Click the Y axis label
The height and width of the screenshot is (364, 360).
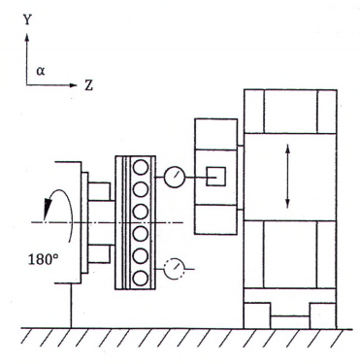(27, 20)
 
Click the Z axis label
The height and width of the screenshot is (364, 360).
(89, 85)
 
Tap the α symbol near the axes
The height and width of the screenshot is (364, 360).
(41, 71)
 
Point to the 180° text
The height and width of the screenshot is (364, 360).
(43, 259)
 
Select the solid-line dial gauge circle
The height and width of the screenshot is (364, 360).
(175, 177)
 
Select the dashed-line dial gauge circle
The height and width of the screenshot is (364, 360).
(174, 269)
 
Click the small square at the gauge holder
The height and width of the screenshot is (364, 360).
(215, 177)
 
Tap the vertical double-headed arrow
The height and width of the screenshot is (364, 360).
(287, 177)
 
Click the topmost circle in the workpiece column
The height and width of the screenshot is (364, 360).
(141, 168)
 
